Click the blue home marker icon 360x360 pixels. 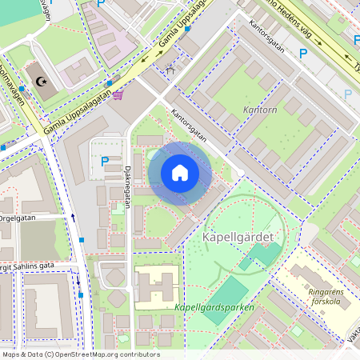coord(180,174)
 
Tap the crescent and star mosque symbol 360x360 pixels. coord(42,81)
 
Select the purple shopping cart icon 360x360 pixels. coord(118,95)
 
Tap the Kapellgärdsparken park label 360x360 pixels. coord(214,307)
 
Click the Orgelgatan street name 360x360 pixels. coord(18,216)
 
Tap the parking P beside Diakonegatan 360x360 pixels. coord(105,161)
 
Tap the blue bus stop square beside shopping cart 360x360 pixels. coord(109,82)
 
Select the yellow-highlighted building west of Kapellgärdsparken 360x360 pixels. coord(156,286)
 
